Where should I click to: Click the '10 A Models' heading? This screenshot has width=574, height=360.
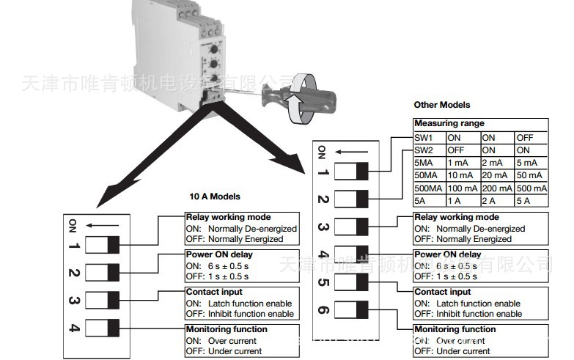215,196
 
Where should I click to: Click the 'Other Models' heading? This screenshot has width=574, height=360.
441,105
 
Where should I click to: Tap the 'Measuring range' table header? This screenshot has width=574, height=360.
449,124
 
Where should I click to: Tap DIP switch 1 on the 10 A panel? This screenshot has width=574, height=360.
103,245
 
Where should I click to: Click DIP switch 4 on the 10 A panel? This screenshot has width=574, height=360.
103,327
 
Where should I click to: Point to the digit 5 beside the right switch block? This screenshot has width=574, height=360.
323,282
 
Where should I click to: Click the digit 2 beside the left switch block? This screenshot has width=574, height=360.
74,273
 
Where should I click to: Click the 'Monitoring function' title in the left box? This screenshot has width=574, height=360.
227,330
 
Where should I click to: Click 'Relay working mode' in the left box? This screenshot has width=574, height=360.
228,218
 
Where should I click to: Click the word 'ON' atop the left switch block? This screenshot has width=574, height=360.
73,224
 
